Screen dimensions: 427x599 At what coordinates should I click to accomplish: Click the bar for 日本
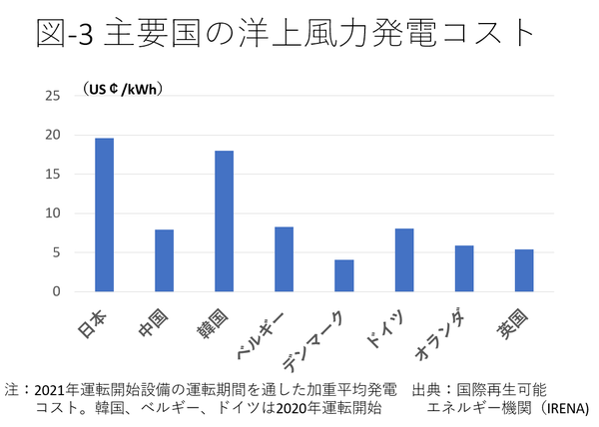pos(104,214)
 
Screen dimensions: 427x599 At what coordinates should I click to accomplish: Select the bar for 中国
pos(164,260)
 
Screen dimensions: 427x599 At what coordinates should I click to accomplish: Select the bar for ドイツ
pos(403,260)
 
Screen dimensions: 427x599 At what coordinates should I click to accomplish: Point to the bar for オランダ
pos(463,268)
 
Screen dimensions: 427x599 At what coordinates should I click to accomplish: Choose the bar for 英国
pos(523,270)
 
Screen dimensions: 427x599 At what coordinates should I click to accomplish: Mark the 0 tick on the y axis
pos(56,291)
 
